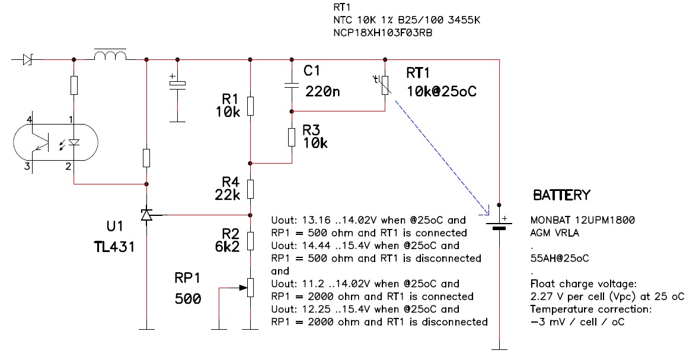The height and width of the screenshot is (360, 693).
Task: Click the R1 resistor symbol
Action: click(x=250, y=106)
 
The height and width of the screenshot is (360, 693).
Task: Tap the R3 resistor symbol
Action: click(x=292, y=137)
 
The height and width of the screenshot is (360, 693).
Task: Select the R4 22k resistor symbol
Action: click(x=250, y=189)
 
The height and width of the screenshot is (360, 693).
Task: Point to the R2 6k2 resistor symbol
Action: click(x=250, y=241)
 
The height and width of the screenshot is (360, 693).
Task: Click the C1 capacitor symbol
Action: click(x=292, y=85)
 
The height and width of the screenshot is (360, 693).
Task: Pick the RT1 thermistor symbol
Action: click(x=385, y=85)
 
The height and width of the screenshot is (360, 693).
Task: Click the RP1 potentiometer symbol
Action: click(x=250, y=288)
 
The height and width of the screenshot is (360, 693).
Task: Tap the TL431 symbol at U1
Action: click(x=147, y=215)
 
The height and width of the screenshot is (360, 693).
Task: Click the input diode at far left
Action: click(x=28, y=59)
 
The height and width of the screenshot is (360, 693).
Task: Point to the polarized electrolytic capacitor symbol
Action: click(x=178, y=84)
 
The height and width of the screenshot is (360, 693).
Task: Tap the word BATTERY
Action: click(x=562, y=195)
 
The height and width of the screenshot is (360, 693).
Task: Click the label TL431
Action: click(x=114, y=246)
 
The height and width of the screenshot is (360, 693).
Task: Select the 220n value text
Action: click(x=322, y=91)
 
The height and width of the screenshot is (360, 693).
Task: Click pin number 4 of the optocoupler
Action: click(x=30, y=120)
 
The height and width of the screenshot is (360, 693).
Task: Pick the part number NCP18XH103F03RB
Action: click(x=383, y=33)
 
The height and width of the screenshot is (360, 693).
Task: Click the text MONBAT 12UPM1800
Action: click(x=583, y=220)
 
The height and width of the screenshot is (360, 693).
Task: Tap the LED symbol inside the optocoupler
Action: click(x=74, y=142)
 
